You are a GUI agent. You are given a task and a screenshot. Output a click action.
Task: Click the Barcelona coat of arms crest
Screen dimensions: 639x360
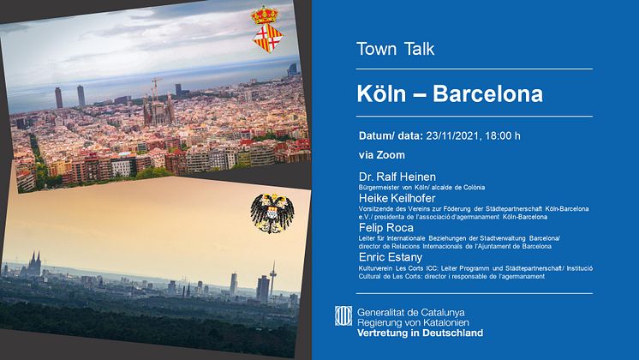coord(267,29)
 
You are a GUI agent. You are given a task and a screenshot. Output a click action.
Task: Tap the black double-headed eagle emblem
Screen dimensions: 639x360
coord(272,213)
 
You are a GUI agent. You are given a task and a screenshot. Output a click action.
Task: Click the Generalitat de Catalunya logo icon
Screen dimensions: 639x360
coord(343,316)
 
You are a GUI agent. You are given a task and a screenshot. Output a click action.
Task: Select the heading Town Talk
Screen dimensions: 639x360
coord(395,49)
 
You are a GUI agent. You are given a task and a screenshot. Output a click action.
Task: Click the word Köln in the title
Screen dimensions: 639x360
coord(381,93)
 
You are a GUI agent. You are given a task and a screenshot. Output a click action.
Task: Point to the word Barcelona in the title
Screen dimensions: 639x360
coord(487,93)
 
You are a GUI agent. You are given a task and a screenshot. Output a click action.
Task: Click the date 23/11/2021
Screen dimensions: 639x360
coord(452,135)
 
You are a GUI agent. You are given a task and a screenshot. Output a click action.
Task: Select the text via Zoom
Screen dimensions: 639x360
coord(382,155)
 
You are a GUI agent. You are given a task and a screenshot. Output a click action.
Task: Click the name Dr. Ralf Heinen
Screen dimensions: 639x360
coord(397,177)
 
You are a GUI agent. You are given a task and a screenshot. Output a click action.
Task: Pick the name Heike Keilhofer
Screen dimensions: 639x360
coord(397,198)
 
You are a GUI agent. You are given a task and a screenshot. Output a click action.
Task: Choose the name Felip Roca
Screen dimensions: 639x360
coord(386,227)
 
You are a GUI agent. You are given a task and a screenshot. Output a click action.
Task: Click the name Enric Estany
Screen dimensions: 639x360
coord(391,257)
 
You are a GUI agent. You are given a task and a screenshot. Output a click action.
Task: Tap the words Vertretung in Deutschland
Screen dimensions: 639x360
coord(421,333)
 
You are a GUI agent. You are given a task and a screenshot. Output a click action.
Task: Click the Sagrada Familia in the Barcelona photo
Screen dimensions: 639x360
coord(158,107)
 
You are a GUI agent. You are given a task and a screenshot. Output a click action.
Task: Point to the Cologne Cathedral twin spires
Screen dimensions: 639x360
coord(34,263)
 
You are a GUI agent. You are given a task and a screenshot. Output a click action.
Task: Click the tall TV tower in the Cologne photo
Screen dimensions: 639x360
coord(272,279)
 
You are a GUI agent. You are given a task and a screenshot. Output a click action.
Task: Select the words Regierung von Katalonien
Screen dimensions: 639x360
coord(413,322)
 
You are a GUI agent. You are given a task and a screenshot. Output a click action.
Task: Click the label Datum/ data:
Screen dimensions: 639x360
coord(391,135)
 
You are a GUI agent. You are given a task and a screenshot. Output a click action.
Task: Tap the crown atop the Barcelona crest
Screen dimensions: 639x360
coord(265,15)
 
